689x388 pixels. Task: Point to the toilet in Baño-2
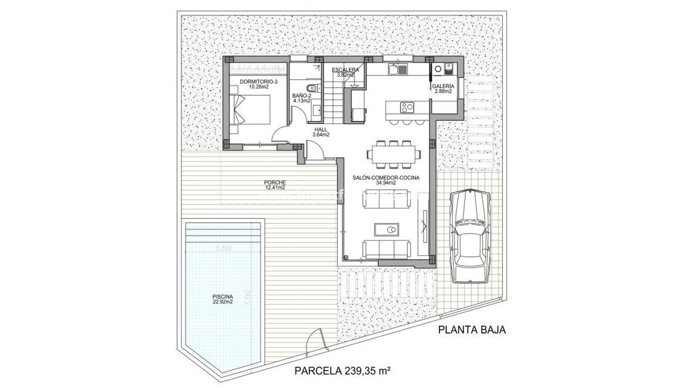[x=313, y=88]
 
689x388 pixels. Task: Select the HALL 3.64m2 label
[x=321, y=131]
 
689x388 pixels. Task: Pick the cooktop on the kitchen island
[x=407, y=107]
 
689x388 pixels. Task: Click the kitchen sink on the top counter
[x=398, y=70]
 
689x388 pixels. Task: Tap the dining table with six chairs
[x=392, y=154]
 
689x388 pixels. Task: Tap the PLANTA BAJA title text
[x=472, y=330]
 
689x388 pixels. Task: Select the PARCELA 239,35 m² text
[x=341, y=371]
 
